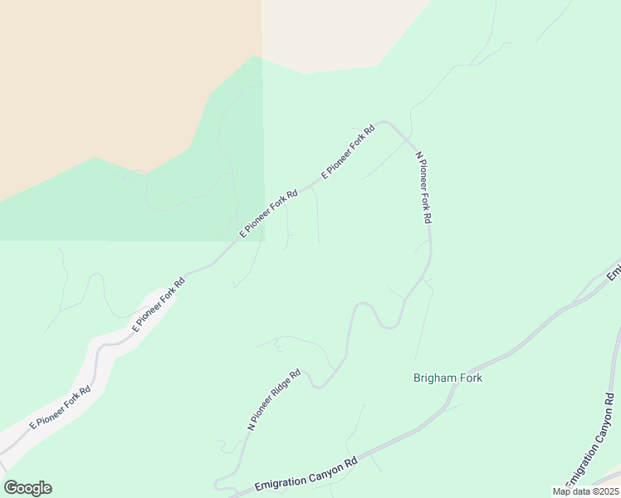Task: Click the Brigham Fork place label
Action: pos(447,378)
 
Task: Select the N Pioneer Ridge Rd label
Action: pos(273,399)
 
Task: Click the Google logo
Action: pos(27,488)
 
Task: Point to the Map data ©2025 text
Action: pos(585,491)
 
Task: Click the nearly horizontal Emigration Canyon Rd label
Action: pos(306,471)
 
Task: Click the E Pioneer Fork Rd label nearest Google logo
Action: pos(60,408)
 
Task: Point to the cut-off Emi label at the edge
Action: pos(614,271)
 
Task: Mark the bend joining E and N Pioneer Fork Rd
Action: pos(384,124)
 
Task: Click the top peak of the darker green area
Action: pos(254,57)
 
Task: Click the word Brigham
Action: pos(433,378)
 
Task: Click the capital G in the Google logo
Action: pos(11,488)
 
